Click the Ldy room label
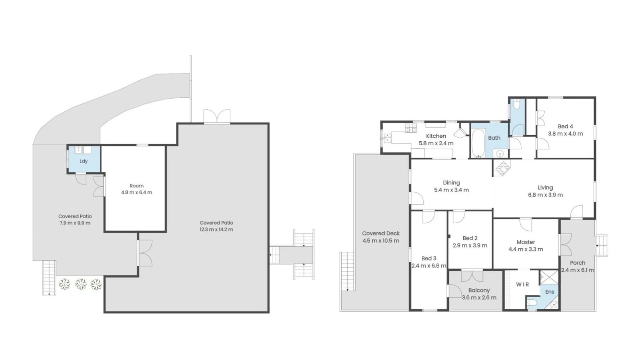83,161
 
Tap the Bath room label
494,138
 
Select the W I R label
522,285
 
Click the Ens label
550,292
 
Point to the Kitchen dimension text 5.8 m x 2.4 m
436,143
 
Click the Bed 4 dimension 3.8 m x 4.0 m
565,134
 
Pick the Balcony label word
479,290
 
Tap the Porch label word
577,263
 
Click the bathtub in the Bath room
478,143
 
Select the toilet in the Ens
532,303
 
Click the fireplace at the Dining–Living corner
502,167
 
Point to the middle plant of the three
81,284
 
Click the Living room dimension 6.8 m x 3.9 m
545,195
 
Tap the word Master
526,242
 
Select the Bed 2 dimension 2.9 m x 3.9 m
470,245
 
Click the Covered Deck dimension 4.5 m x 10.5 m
381,241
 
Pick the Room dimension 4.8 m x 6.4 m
137,192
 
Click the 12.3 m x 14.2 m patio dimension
216,229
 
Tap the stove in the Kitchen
411,128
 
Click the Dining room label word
451,182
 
